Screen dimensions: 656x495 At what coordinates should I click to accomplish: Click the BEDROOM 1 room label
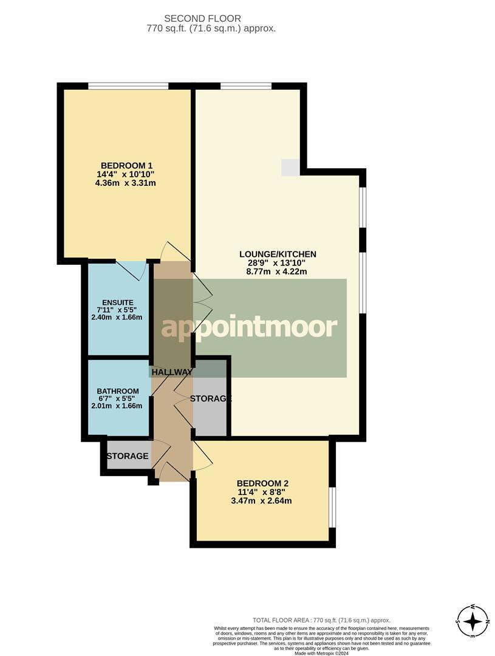click(126, 165)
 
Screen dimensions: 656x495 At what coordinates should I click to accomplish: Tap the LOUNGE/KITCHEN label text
click(278, 254)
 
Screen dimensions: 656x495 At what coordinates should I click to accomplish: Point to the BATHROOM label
click(118, 391)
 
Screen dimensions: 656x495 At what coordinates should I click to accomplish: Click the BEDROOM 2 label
click(262, 483)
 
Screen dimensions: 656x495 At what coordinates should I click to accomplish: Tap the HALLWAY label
click(172, 372)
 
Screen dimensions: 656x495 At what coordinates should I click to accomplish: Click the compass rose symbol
click(472, 621)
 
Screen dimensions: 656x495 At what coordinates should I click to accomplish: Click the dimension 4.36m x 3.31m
click(126, 183)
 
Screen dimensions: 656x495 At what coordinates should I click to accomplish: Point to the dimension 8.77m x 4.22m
click(278, 272)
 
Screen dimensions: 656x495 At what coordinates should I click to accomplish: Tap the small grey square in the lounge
click(290, 168)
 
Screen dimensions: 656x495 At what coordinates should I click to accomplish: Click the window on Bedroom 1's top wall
click(128, 86)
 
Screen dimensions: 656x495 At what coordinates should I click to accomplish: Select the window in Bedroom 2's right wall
click(332, 507)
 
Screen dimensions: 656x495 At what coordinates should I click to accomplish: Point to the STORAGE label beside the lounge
click(211, 399)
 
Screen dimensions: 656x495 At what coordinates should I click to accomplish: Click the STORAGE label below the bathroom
click(128, 456)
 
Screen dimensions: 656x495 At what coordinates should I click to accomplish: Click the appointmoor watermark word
click(248, 327)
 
